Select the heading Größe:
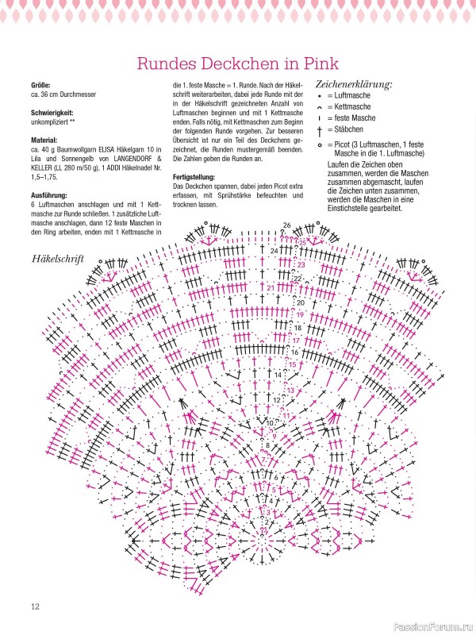click(40, 84)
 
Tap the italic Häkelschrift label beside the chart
click(58, 259)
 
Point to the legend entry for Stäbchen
click(345, 129)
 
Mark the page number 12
click(36, 607)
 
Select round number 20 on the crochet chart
click(300, 302)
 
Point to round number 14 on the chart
click(278, 374)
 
